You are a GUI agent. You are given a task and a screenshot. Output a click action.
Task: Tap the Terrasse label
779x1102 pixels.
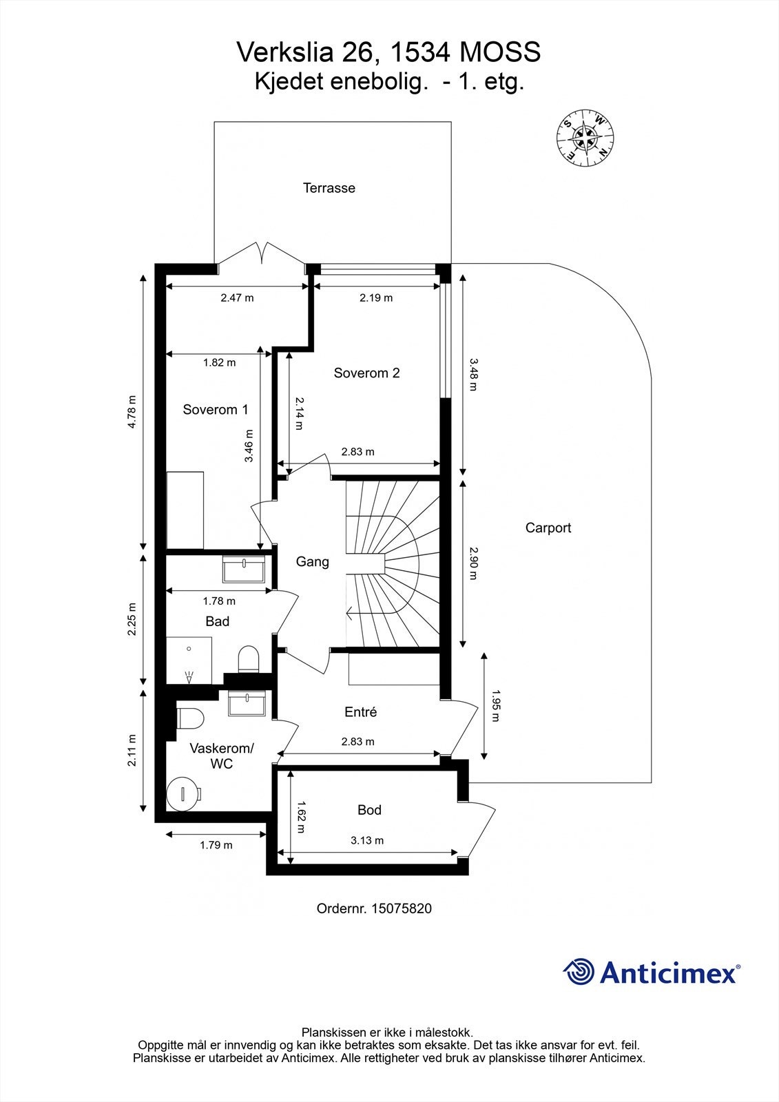pos(329,188)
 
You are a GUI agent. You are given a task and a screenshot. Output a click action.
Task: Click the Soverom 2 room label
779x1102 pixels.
pos(366,373)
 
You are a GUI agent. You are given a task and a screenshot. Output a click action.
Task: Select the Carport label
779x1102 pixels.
pos(548,528)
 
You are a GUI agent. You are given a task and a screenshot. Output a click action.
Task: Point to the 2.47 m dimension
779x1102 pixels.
pos(237,298)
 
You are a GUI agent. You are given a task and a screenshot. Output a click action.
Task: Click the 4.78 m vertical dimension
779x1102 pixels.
pos(132,412)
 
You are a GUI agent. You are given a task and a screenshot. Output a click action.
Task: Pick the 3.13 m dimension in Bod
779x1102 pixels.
pos(367,840)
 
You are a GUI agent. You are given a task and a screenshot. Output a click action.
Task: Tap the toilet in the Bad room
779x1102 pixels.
pos(247,660)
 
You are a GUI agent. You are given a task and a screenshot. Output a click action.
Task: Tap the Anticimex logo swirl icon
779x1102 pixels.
pos(579,972)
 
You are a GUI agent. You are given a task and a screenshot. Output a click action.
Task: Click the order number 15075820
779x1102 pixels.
pos(401,908)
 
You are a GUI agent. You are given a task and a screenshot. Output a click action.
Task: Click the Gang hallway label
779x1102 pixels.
pos(313,562)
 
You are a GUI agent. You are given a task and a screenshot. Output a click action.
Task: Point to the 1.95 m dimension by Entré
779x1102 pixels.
pos(495,706)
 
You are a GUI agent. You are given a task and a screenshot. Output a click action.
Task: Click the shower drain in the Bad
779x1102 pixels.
pos(189,679)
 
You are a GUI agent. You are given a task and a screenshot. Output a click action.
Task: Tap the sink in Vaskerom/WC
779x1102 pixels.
pos(248,704)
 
